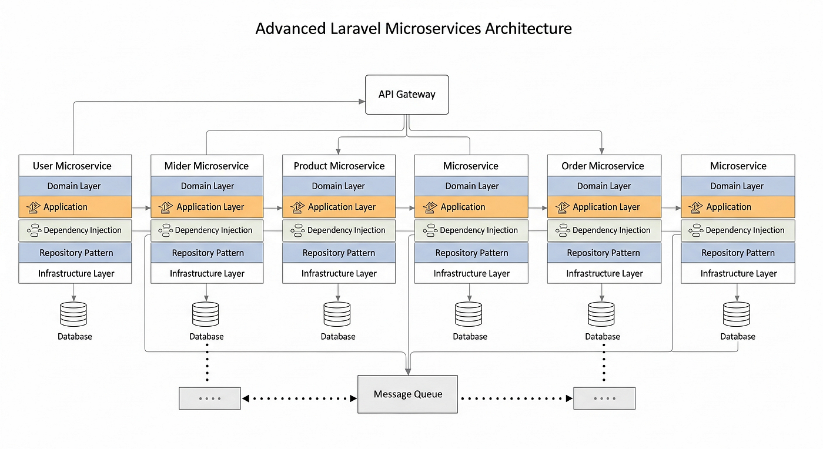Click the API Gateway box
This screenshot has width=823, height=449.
tap(407, 95)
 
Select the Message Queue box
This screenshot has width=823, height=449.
tap(407, 394)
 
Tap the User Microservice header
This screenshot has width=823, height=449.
tap(75, 166)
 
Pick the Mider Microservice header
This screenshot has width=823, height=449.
tap(206, 166)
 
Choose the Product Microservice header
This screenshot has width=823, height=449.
tap(339, 166)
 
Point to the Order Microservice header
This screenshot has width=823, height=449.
tap(603, 166)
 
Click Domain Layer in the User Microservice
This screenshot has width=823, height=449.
tap(75, 186)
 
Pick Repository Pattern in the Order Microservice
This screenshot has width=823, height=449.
tap(603, 253)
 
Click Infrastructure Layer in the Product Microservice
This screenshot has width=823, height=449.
tap(339, 273)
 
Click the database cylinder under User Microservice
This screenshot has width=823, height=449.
tap(73, 314)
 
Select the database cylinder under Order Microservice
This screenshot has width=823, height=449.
tap(601, 314)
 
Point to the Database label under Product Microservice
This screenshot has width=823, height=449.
tap(338, 337)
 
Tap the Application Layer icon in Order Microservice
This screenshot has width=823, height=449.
tap(563, 207)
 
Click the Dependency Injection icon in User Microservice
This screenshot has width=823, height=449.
tap(34, 230)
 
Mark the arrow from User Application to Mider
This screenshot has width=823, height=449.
tap(140, 207)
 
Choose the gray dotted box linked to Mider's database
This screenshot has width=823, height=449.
tap(210, 398)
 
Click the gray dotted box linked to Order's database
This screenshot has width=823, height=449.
tap(604, 398)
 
